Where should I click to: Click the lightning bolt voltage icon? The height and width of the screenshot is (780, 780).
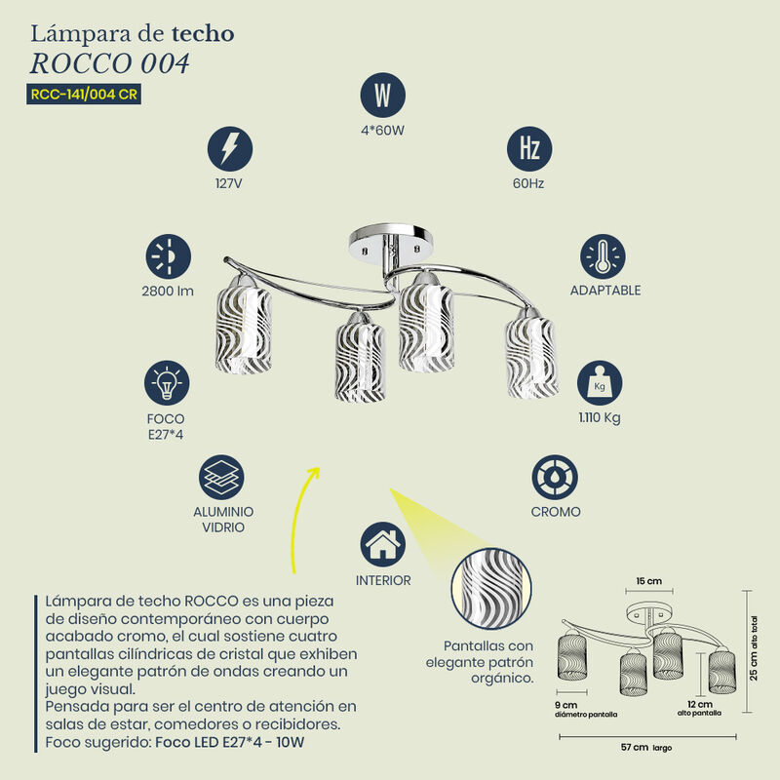[230, 149]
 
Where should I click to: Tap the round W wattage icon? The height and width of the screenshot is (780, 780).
[382, 95]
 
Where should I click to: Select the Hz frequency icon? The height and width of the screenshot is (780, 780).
[529, 149]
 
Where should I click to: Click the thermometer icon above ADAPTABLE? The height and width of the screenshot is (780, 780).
[603, 256]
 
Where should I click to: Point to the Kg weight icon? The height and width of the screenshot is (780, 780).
[600, 383]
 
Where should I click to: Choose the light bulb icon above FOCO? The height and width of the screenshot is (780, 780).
[167, 383]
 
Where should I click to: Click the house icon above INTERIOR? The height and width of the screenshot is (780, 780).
[382, 544]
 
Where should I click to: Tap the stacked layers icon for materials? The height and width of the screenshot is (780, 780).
[221, 477]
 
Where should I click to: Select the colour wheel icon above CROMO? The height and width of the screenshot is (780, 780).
[555, 477]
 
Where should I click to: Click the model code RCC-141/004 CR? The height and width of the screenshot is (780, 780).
[84, 94]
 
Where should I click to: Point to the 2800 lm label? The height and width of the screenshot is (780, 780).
[168, 291]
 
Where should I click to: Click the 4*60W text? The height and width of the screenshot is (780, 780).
[382, 131]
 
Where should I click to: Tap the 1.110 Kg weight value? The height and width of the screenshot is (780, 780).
[600, 418]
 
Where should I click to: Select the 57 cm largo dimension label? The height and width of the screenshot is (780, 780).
[646, 747]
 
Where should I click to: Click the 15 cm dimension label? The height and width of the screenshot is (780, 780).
[649, 581]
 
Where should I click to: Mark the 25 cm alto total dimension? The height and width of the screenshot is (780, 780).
[754, 648]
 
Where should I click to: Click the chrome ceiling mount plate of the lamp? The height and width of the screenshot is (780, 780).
[391, 242]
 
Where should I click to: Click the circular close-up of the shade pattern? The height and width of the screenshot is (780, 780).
[491, 589]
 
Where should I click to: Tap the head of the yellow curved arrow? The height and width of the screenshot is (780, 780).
[314, 473]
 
